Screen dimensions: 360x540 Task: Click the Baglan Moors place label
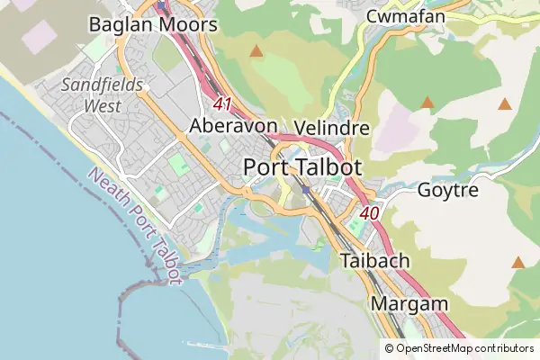[153, 24]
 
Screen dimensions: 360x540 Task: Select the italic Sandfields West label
[90, 95]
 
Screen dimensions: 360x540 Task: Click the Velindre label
[332, 128]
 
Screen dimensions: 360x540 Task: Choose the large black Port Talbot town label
[302, 167]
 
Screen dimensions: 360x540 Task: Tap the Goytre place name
[448, 190]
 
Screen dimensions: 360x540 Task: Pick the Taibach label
[375, 261]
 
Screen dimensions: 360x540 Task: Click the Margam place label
[409, 303]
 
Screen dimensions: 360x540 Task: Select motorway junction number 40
[368, 213]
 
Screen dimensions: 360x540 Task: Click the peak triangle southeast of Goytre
[517, 262]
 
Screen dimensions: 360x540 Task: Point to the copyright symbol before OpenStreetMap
[389, 348]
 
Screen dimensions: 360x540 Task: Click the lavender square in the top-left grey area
[37, 38]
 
